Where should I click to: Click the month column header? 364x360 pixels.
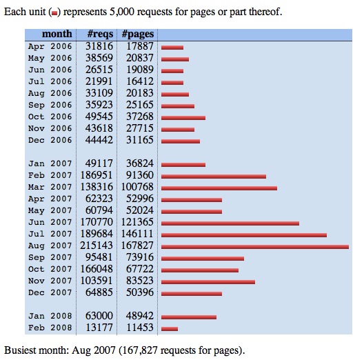click(57, 34)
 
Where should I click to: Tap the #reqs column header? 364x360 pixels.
click(100, 34)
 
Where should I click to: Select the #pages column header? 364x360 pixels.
click(138, 34)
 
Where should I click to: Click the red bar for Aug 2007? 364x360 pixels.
click(255, 247)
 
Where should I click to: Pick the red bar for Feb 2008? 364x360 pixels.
click(170, 329)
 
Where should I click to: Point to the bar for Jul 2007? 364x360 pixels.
click(244, 235)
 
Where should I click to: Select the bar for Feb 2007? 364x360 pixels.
click(214, 177)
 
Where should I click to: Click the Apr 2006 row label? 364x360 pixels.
click(50, 46)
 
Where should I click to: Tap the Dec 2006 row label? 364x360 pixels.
click(50, 140)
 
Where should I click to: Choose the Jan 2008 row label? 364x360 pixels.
click(50, 316)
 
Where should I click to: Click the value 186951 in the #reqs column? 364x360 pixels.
click(97, 175)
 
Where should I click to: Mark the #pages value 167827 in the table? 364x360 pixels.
click(137, 246)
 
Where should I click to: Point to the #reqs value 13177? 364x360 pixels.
click(99, 328)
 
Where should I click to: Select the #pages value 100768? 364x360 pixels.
click(137, 187)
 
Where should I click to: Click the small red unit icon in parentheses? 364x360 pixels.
click(54, 13)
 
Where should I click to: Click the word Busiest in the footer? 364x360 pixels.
click(21, 350)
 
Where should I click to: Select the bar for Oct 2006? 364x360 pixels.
click(183, 118)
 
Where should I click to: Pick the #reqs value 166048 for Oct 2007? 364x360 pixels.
click(97, 269)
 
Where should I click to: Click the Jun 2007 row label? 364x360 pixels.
click(50, 222)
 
